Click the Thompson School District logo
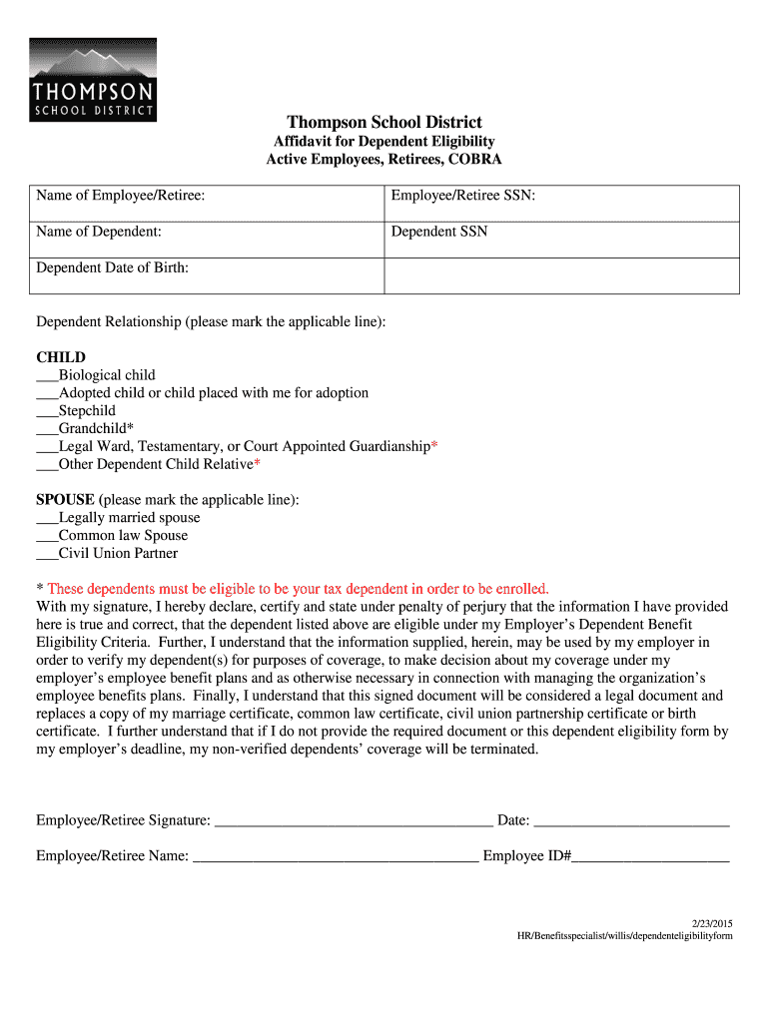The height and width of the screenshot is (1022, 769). pyautogui.click(x=93, y=80)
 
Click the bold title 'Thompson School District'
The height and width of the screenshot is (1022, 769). pyautogui.click(x=384, y=123)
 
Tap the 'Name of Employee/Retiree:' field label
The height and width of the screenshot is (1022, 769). pyautogui.click(x=121, y=196)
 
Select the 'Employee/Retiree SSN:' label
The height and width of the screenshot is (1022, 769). pyautogui.click(x=463, y=196)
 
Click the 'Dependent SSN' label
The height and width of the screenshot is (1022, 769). pyautogui.click(x=439, y=232)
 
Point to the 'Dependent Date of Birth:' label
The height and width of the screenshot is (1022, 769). pyautogui.click(x=113, y=267)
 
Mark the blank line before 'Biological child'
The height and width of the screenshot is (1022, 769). pyautogui.click(x=47, y=376)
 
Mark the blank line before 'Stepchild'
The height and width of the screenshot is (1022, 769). pyautogui.click(x=47, y=412)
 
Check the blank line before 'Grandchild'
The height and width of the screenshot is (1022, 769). pyautogui.click(x=47, y=430)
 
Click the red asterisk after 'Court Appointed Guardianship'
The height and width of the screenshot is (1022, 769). pyautogui.click(x=433, y=446)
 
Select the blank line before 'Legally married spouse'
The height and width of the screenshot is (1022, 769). pyautogui.click(x=47, y=519)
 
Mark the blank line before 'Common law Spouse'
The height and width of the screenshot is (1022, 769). pyautogui.click(x=47, y=537)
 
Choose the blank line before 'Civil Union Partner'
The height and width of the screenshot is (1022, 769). pyautogui.click(x=47, y=555)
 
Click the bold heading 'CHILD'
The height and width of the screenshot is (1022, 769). pyautogui.click(x=61, y=357)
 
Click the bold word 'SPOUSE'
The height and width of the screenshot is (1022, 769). pyautogui.click(x=66, y=499)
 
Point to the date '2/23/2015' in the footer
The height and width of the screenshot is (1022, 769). pyautogui.click(x=712, y=922)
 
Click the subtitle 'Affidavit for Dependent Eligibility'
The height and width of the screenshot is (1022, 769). pyautogui.click(x=384, y=142)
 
